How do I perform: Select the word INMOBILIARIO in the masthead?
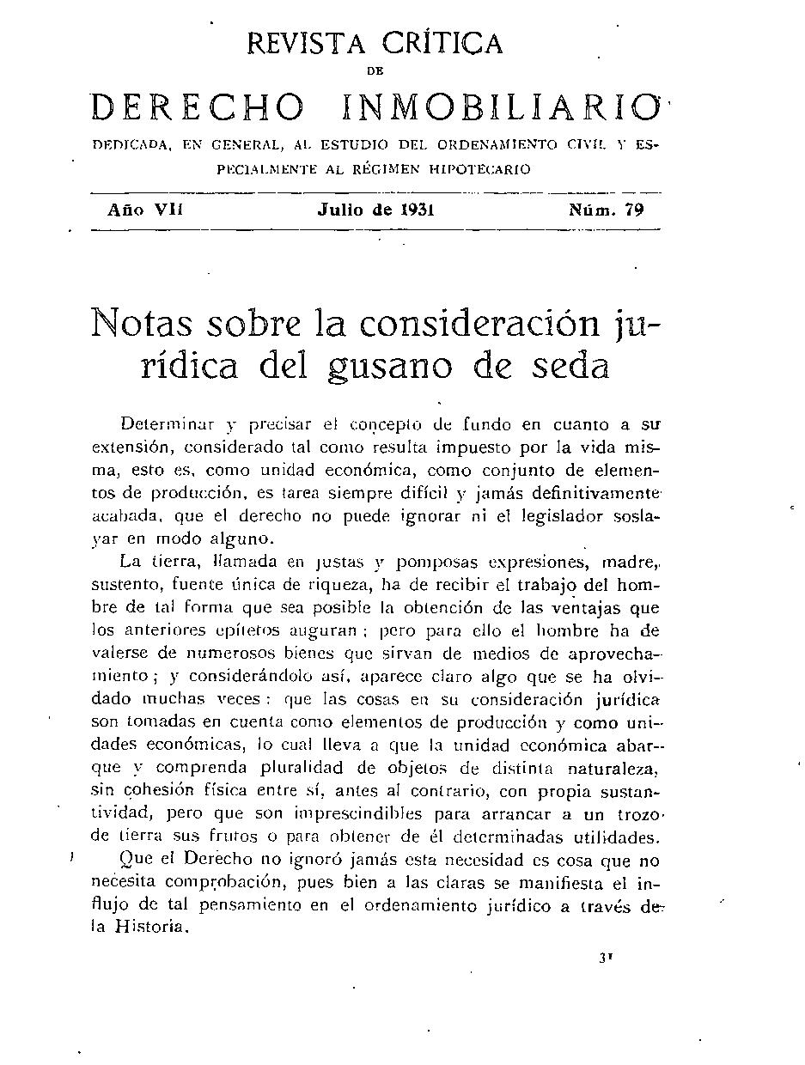click(x=497, y=107)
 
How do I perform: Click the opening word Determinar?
click(x=168, y=424)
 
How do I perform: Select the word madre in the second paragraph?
click(x=629, y=563)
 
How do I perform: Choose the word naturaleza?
click(x=612, y=767)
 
